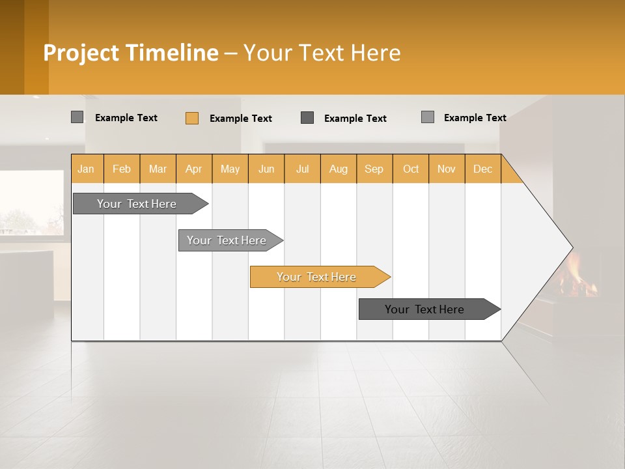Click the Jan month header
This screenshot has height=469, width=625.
point(87,169)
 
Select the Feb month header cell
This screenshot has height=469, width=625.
point(122,169)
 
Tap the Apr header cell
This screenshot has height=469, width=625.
point(194,169)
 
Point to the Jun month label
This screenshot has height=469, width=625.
point(266,169)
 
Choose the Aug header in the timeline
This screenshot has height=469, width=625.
point(339,169)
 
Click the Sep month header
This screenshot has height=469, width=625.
point(374,169)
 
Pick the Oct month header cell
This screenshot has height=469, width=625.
point(411,169)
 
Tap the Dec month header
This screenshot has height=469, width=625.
point(483,169)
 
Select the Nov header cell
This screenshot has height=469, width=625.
point(447,169)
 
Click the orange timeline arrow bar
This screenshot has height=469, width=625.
point(319,277)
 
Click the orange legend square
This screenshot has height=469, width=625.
point(192,118)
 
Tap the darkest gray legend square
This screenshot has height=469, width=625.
point(307,118)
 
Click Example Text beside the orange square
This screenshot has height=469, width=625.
point(241,119)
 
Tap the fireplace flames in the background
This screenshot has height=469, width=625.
point(576,274)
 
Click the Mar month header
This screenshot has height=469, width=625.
point(158,169)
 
